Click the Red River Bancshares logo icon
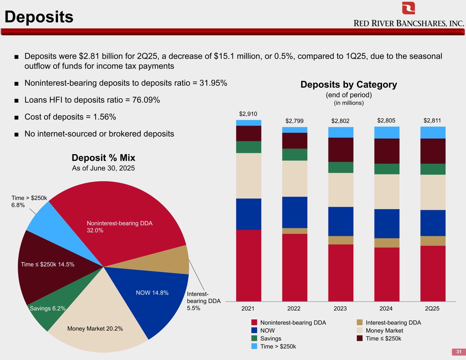(408, 8)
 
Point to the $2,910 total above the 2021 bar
(248, 114)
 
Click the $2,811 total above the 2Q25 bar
(432, 120)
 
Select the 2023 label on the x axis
(340, 308)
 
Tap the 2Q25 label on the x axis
(432, 308)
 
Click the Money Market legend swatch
(359, 330)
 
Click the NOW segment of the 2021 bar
(249, 214)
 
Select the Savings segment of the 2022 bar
(295, 155)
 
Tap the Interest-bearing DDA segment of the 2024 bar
(387, 243)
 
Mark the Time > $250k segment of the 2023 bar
(341, 132)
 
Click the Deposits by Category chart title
(349, 84)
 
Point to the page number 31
(458, 352)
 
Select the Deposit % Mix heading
(103, 158)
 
